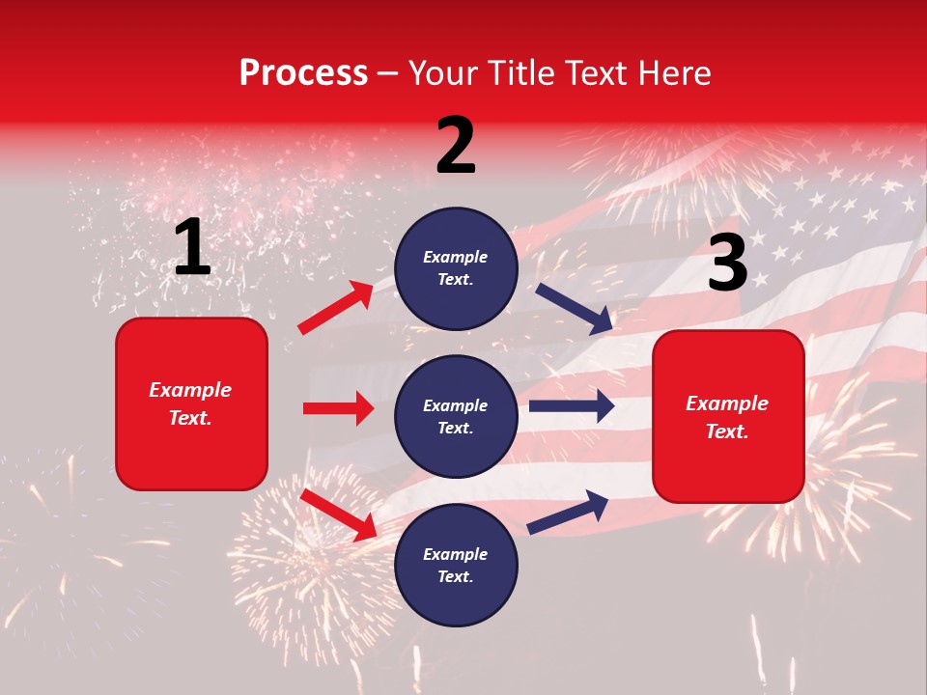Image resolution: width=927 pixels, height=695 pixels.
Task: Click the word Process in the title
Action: point(303,73)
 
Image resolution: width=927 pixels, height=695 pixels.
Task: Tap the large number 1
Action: point(192,248)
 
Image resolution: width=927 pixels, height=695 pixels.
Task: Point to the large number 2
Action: point(456,146)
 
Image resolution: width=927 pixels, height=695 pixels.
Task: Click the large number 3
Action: point(727,264)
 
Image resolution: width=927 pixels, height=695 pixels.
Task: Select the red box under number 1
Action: point(191,403)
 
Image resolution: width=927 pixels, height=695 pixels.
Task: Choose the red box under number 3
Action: point(728,416)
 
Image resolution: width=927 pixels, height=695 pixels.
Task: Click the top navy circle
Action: point(456,268)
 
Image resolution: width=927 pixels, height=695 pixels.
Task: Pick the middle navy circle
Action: point(456,417)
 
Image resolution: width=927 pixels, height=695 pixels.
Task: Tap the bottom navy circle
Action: point(456,566)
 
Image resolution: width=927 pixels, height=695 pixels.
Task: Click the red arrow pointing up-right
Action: point(336,308)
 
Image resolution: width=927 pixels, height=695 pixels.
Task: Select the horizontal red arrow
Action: point(338,408)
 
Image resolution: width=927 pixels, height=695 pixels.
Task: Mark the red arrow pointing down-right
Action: point(338,514)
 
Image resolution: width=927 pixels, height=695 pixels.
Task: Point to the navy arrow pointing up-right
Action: point(568,513)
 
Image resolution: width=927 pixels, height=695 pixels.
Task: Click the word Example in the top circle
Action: point(456,258)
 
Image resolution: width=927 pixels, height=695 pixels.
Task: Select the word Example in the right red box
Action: point(727,403)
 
